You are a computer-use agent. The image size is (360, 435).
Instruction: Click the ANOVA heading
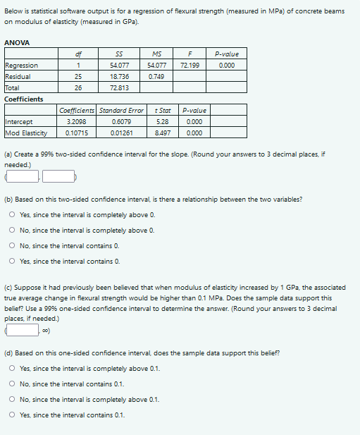pyautogui.click(x=17, y=44)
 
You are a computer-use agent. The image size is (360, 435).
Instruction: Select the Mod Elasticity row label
pyautogui.click(x=26, y=132)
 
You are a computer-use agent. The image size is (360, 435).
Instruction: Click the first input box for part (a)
pyautogui.click(x=23, y=176)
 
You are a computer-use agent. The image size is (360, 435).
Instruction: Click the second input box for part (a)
pyautogui.click(x=58, y=176)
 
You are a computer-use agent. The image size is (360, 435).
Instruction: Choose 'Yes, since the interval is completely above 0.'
pyautogui.click(x=13, y=217)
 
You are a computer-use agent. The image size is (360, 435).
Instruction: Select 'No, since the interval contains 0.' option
pyautogui.click(x=13, y=246)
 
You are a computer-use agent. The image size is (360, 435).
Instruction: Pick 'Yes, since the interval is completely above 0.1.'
pyautogui.click(x=13, y=369)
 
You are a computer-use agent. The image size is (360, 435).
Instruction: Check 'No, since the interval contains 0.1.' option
pyautogui.click(x=13, y=384)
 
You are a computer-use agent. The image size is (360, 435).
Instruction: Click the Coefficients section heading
pyautogui.click(x=24, y=99)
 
